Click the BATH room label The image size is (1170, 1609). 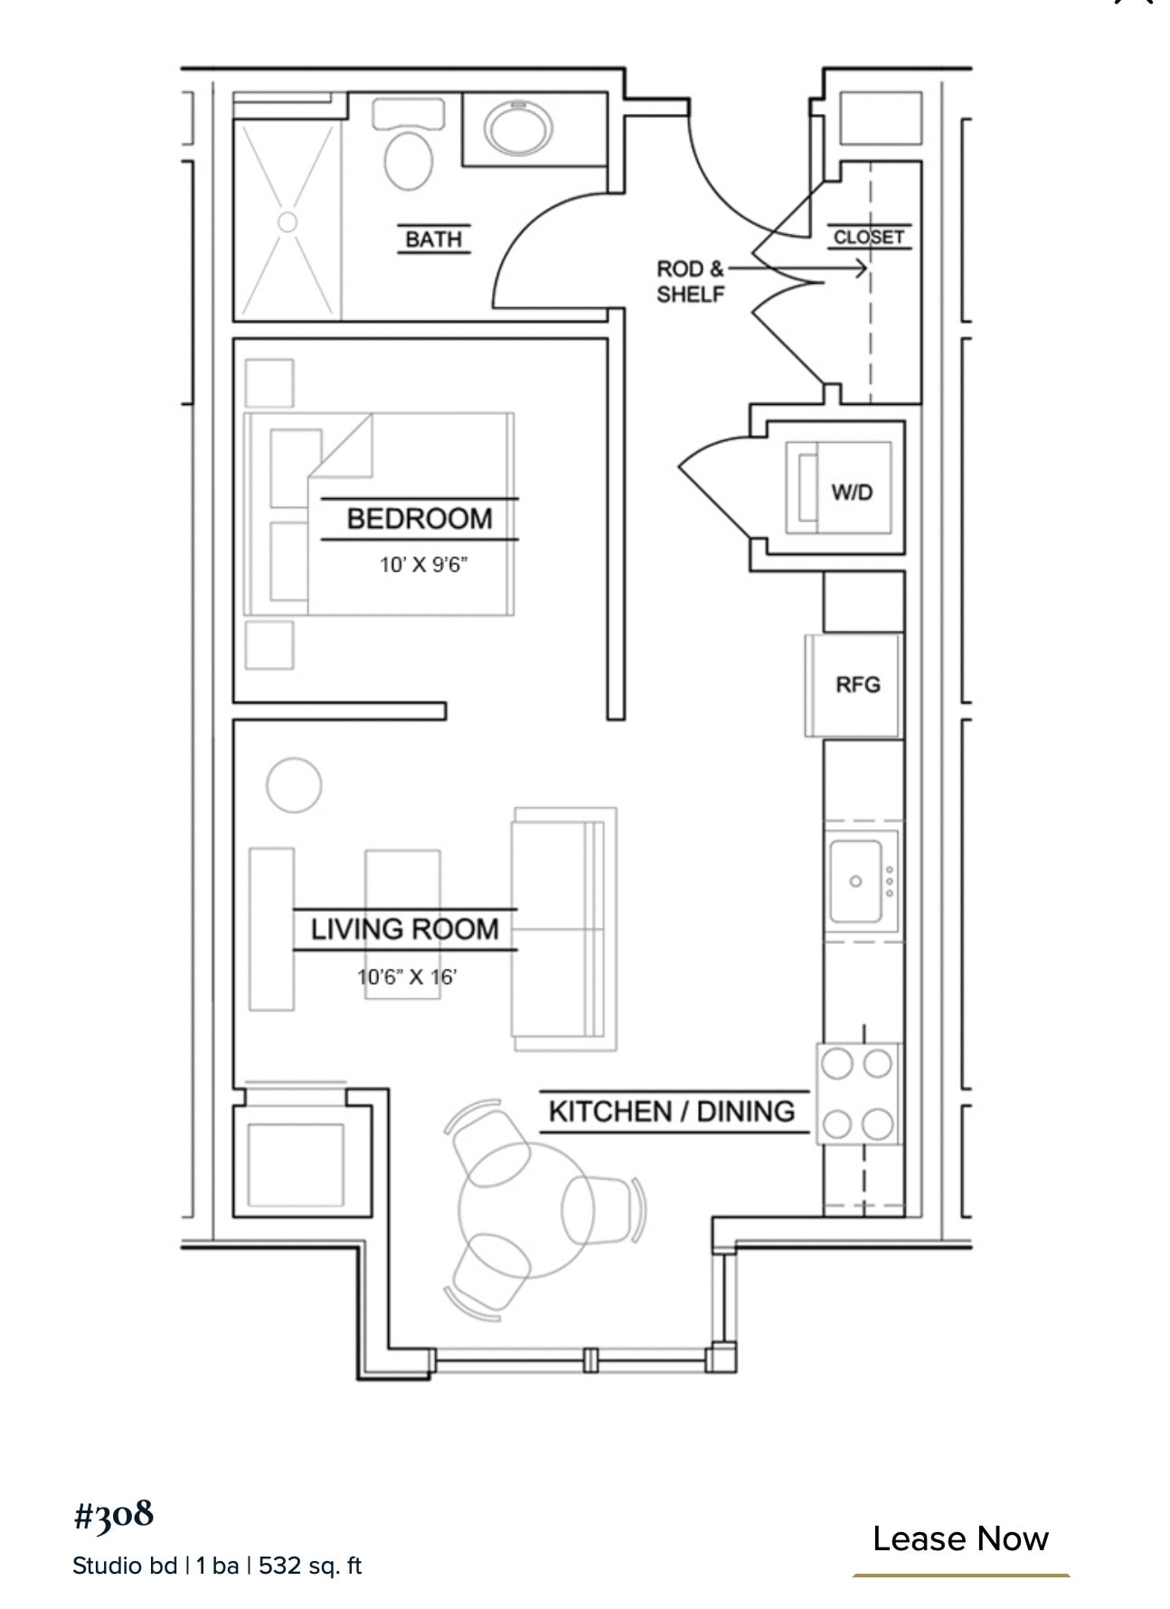(433, 239)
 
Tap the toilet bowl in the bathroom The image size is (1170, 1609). (409, 160)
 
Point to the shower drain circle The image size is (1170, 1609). (287, 221)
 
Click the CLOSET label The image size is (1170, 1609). (868, 237)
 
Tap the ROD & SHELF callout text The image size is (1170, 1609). (690, 281)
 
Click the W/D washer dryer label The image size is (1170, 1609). (852, 493)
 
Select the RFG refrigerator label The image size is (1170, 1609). (857, 684)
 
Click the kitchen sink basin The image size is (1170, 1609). (855, 880)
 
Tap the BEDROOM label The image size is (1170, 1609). (420, 519)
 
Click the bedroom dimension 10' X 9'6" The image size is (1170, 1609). (423, 565)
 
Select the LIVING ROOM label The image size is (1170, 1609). (404, 929)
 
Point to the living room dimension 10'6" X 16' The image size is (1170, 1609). (407, 977)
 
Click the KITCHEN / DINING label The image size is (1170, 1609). (672, 1111)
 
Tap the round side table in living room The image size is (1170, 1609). (294, 785)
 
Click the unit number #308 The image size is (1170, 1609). (114, 1514)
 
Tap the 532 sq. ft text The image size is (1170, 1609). (310, 1566)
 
